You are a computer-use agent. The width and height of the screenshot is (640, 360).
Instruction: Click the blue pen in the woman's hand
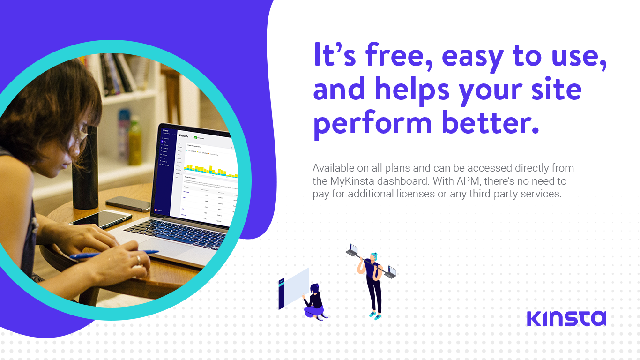[112, 255]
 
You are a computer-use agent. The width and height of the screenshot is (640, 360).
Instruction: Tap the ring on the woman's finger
[138, 259]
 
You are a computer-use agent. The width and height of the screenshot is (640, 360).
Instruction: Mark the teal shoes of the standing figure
[375, 315]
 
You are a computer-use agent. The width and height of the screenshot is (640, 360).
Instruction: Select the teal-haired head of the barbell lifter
[373, 256]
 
